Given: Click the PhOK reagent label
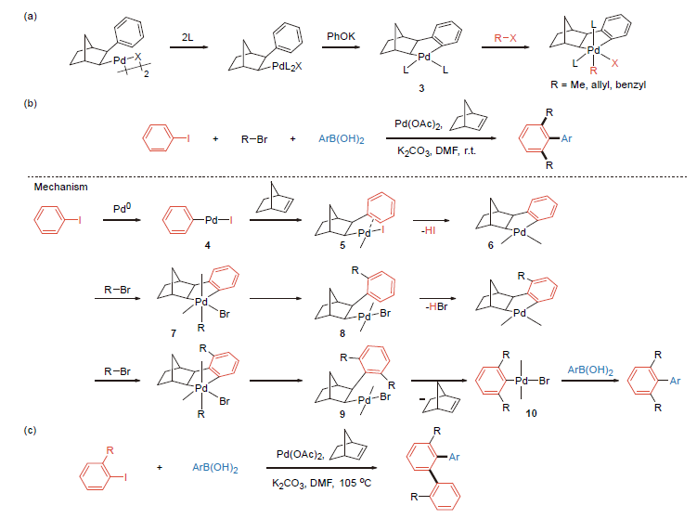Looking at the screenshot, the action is [x=341, y=36].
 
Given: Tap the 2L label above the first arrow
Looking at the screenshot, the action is [x=187, y=37].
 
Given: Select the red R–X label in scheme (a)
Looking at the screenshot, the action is [x=506, y=38].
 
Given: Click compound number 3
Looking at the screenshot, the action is [x=421, y=88].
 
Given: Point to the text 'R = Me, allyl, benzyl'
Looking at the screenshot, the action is [x=598, y=84].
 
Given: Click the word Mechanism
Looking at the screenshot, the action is [x=61, y=187].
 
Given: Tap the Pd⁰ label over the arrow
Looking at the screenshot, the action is [x=123, y=208].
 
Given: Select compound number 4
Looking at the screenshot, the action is [x=207, y=245].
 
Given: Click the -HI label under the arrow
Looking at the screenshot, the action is [x=429, y=230].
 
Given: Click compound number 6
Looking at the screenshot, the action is [x=491, y=245].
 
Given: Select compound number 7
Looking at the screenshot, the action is [x=174, y=333].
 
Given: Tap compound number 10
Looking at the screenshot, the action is [x=531, y=413].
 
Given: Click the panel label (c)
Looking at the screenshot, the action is [x=31, y=430].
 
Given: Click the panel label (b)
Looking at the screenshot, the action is [x=31, y=103].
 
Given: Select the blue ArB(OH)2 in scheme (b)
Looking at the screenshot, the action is [x=342, y=139].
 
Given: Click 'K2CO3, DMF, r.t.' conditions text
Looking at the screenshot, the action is [x=436, y=151].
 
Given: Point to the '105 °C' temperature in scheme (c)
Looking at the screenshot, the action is [x=355, y=483].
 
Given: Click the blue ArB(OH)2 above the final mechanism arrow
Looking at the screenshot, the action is [x=590, y=370].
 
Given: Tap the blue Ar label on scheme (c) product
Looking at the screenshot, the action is [x=454, y=457].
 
